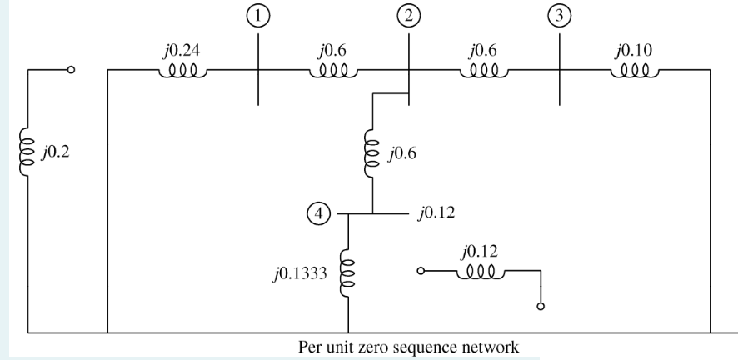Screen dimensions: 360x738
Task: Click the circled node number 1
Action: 260,17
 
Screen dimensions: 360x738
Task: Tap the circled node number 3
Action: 557,17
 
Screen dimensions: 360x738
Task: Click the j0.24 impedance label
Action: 182,52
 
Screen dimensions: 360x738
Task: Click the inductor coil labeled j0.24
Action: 182,72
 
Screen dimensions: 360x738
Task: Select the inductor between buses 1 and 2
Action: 332,72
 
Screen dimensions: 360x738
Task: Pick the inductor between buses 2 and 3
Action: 483,72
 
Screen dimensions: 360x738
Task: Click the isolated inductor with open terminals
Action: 481,272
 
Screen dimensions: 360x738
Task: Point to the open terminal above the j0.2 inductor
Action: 72,71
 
